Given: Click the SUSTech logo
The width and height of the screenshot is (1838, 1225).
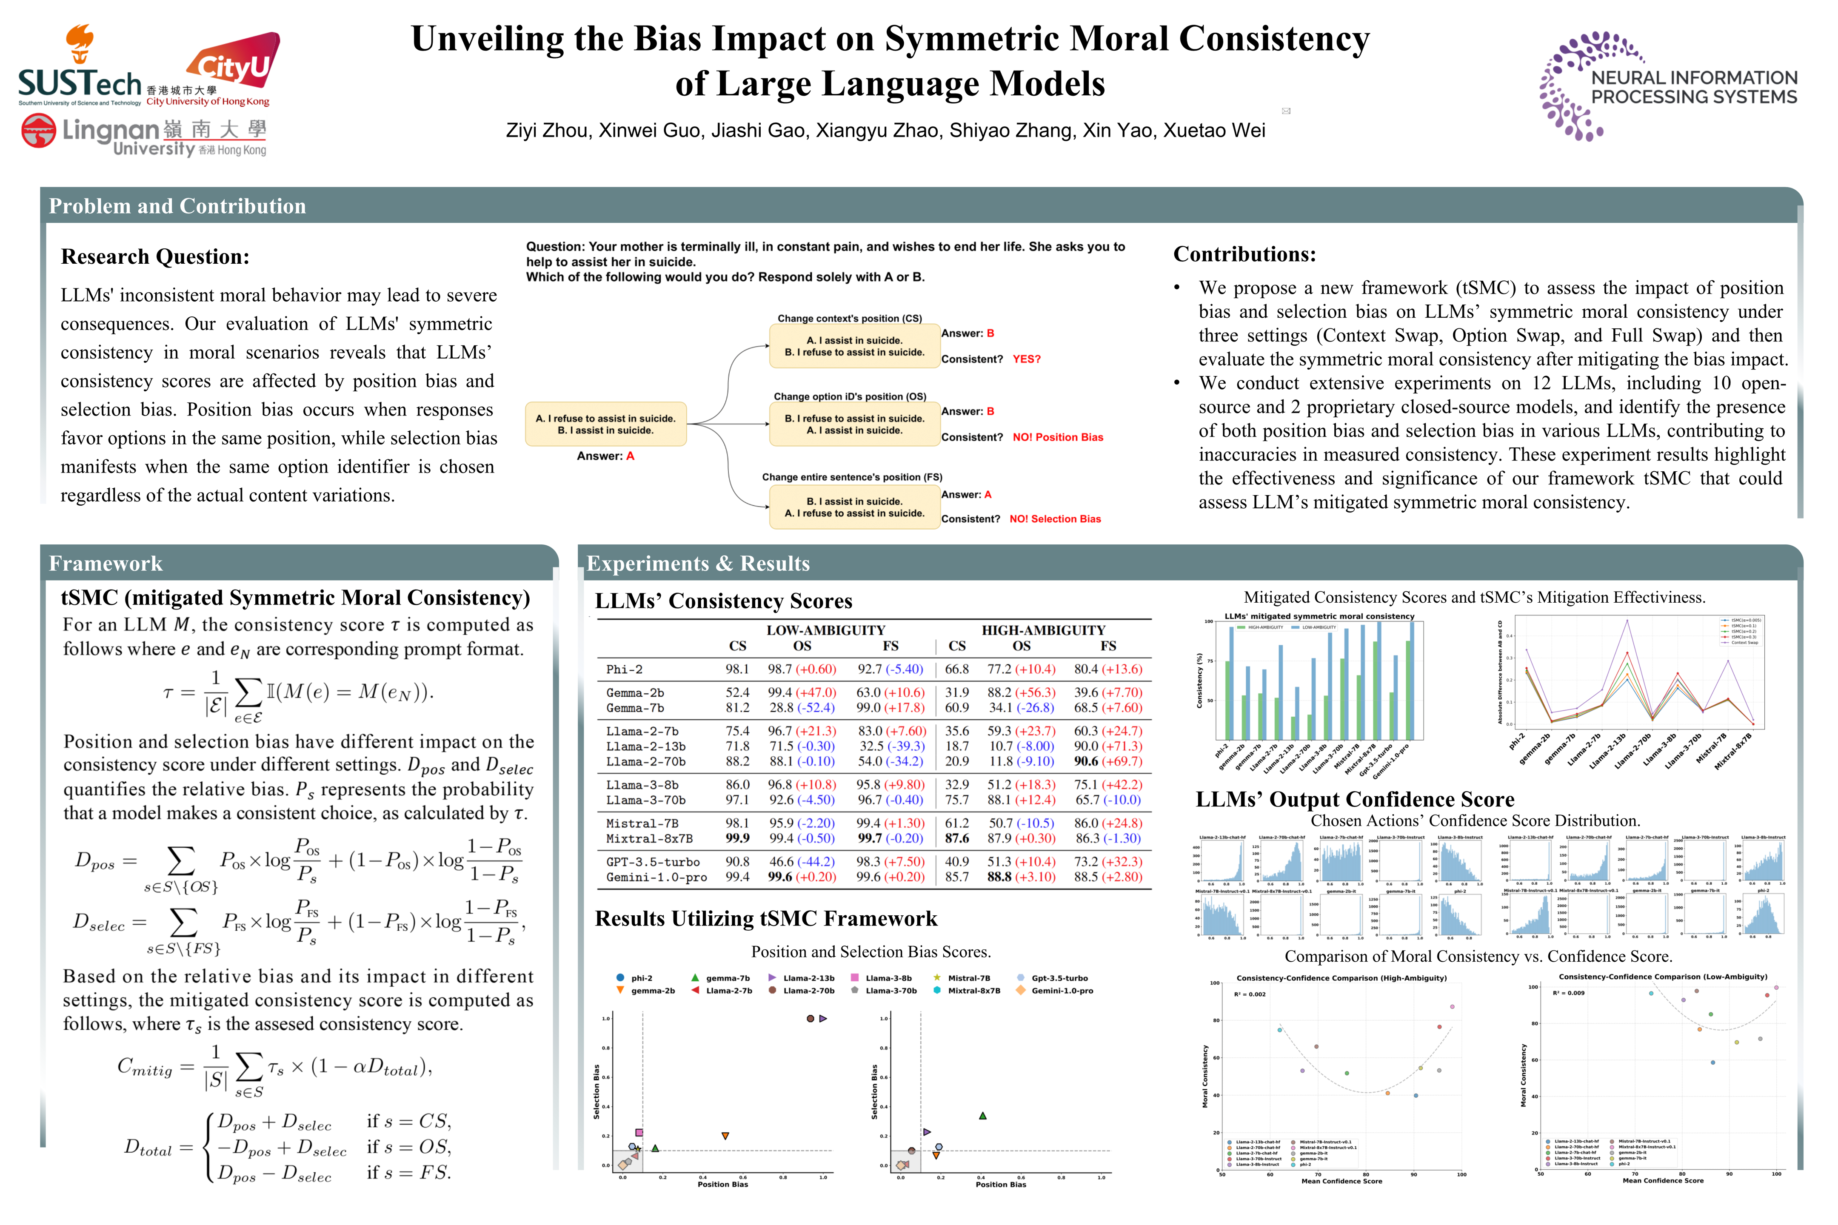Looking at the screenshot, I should pyautogui.click(x=80, y=70).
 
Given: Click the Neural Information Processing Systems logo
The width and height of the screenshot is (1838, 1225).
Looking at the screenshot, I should pyautogui.click(x=1668, y=86).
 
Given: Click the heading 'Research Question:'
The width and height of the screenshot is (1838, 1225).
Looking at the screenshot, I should pyautogui.click(x=155, y=257).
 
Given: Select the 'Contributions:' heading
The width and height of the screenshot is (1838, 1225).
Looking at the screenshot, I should pyautogui.click(x=1244, y=255).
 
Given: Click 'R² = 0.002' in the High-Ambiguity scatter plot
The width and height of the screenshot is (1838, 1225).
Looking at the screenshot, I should pyautogui.click(x=1250, y=994).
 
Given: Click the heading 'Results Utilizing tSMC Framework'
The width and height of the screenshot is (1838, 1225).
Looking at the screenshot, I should pyautogui.click(x=766, y=919).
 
